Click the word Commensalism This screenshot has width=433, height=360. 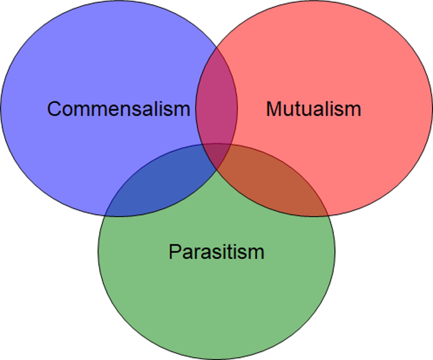(118, 109)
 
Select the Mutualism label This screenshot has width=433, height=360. (314, 109)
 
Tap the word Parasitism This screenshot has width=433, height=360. (216, 251)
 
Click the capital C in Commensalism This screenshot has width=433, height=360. (54, 109)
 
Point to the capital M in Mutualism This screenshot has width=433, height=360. (274, 109)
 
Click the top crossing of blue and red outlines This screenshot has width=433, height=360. (216, 48)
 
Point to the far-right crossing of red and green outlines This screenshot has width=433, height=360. (328, 215)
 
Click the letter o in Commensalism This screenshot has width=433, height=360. (69, 110)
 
